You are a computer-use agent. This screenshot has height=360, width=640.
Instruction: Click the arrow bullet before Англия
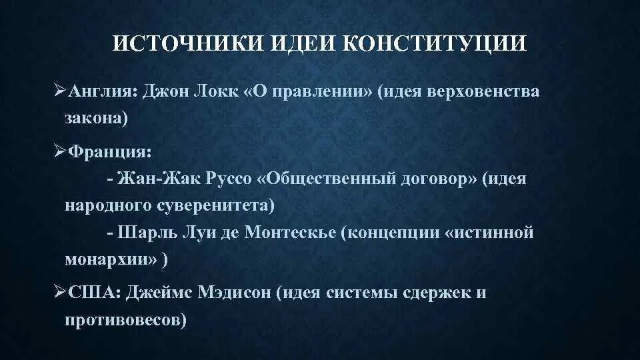tap(58, 91)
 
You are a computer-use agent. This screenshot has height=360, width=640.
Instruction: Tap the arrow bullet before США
tap(58, 293)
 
